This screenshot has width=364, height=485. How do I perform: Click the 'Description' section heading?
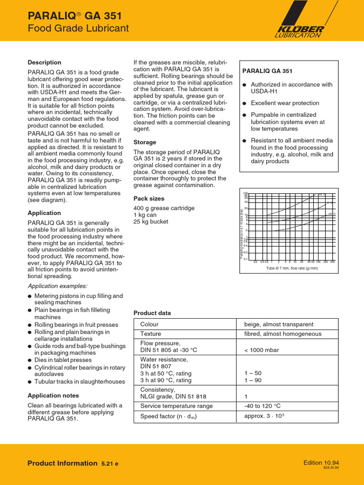tap(45, 63)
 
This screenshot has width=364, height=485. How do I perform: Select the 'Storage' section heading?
tap(145, 142)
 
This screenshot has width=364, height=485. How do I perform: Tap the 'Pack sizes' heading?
tap(149, 198)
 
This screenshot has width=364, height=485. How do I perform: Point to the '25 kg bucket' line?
tap(151, 222)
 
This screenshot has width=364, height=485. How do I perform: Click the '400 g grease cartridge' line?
tap(164, 208)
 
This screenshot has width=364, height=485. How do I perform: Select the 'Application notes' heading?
tap(54, 395)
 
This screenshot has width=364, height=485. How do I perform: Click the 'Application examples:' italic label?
tap(58, 286)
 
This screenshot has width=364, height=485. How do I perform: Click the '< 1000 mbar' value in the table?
tap(262, 350)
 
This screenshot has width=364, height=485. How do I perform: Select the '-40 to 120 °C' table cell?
tap(263, 406)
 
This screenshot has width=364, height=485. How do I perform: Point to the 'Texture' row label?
tap(151, 334)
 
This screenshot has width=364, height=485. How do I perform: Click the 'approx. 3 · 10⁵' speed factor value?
tap(264, 416)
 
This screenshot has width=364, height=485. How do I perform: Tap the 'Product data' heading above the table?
tap(152, 313)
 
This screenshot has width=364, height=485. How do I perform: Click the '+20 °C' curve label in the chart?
tap(331, 214)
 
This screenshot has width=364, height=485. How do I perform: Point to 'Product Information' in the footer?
tap(63, 463)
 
